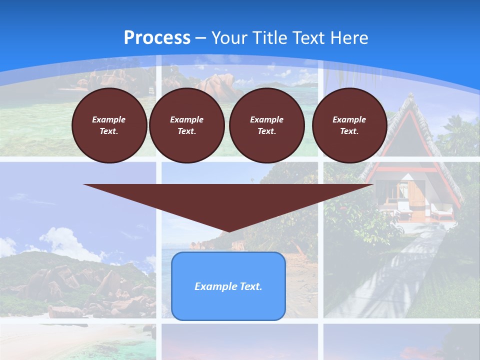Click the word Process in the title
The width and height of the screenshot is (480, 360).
pos(157,38)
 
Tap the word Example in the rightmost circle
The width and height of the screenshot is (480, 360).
pos(349,119)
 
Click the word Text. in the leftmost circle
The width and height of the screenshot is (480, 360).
pos(109,131)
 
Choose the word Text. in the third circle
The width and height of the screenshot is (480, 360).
pos(266,131)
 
